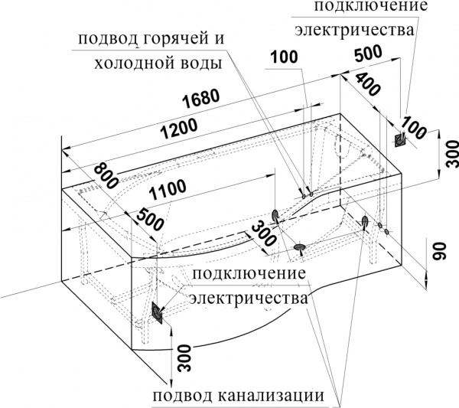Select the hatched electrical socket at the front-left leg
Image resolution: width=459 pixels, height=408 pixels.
[157, 312]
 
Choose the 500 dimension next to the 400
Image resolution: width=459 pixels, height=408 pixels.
[369, 56]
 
